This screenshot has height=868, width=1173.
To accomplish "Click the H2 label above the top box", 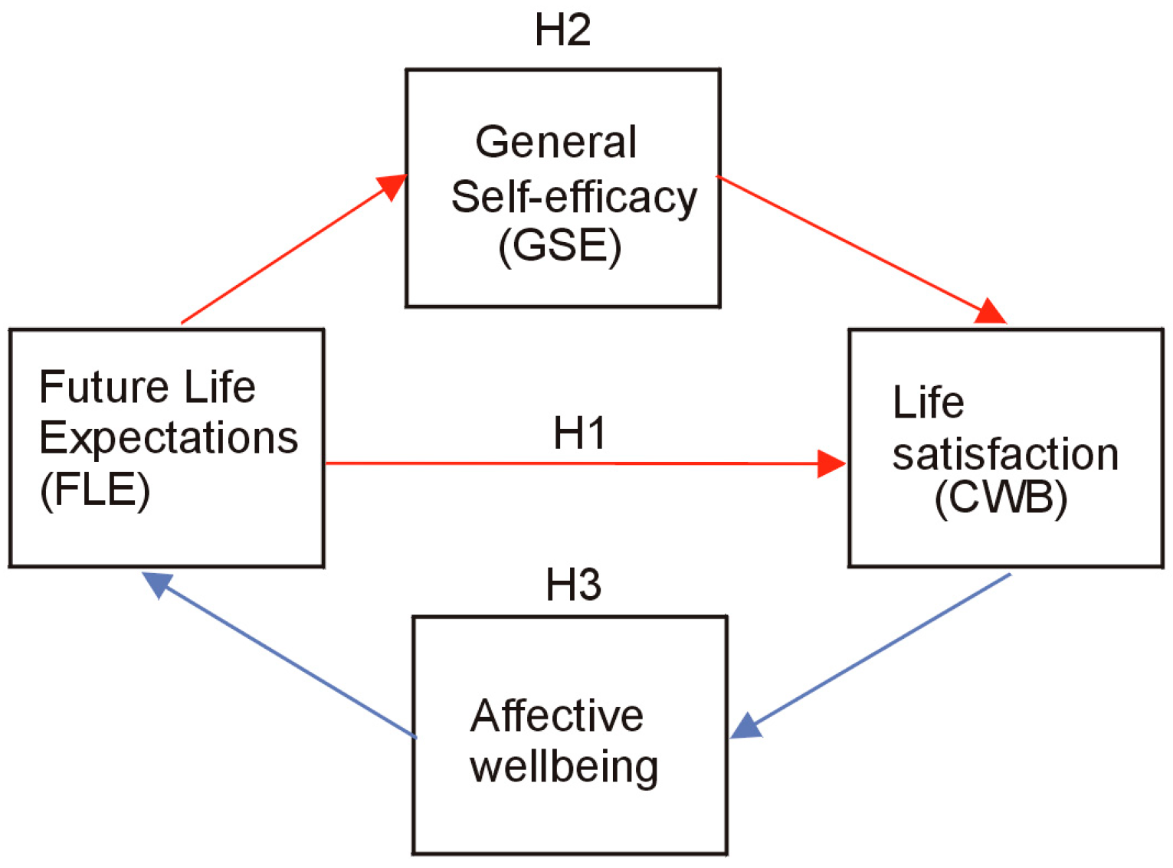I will point(562,31).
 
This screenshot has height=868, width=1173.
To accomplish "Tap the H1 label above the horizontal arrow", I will point(579,434).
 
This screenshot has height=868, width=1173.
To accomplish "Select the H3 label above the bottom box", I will point(573,585).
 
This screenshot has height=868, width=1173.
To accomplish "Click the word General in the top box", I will point(555,142).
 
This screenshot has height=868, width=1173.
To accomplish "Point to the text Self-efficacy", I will point(574,197).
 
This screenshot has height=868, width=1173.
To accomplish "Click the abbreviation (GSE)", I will point(560,247).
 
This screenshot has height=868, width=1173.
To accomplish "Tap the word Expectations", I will point(169,438).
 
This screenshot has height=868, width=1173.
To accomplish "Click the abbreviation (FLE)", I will point(95,490).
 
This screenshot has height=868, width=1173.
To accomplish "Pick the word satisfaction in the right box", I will point(1005,455).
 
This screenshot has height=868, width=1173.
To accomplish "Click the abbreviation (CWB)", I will point(1001,499).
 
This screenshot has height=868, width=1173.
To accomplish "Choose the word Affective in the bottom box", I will point(557,716).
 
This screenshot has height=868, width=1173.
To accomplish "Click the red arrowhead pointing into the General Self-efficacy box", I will point(392,185).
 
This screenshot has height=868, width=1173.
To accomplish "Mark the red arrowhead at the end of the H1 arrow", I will point(831,463).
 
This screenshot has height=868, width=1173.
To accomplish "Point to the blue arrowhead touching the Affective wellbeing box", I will point(745,725).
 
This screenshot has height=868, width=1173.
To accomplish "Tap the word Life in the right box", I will point(928,403).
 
